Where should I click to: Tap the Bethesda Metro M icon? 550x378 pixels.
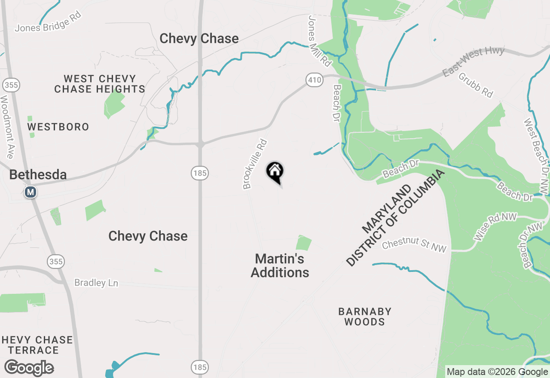[30, 192]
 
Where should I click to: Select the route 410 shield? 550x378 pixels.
[315, 79]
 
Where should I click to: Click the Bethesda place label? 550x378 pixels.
[38, 175]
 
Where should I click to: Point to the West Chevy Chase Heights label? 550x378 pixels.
[100, 84]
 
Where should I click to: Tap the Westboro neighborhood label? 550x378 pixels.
[58, 127]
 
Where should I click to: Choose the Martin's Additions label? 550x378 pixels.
[280, 265]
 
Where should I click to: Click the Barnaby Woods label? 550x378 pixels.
[365, 317]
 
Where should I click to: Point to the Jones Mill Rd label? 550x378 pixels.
[320, 41]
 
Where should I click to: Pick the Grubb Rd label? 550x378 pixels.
[476, 85]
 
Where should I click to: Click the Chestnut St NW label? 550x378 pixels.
[414, 245]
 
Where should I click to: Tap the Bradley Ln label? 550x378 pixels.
[96, 283]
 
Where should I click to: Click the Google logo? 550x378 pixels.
[29, 368]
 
